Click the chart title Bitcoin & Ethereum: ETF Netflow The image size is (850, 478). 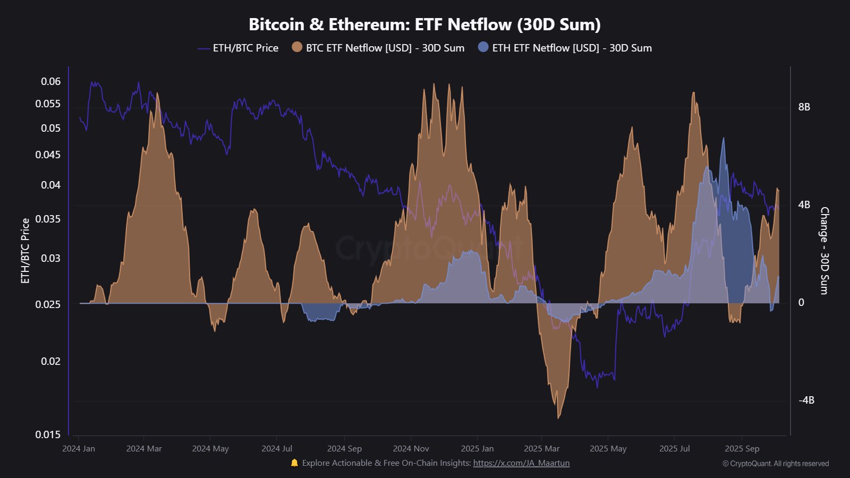424,24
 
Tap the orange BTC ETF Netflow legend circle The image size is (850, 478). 297,47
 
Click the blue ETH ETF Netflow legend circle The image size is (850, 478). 483,47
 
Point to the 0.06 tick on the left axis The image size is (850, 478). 51,81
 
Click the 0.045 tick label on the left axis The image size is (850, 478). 48,155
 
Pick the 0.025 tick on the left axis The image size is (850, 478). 48,304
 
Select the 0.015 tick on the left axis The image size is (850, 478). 48,434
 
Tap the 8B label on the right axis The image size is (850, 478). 804,107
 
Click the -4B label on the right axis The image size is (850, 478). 806,400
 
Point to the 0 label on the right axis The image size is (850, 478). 801,302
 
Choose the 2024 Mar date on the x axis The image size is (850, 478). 144,448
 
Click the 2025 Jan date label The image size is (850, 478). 477,448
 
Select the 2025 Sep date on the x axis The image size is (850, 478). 742,448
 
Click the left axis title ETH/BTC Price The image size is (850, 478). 25,251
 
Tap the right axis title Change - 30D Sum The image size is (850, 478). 824,251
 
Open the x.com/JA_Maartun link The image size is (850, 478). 521,463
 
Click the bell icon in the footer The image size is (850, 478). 294,463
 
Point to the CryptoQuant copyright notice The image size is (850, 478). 776,464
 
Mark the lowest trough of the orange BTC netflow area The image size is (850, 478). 558,417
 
